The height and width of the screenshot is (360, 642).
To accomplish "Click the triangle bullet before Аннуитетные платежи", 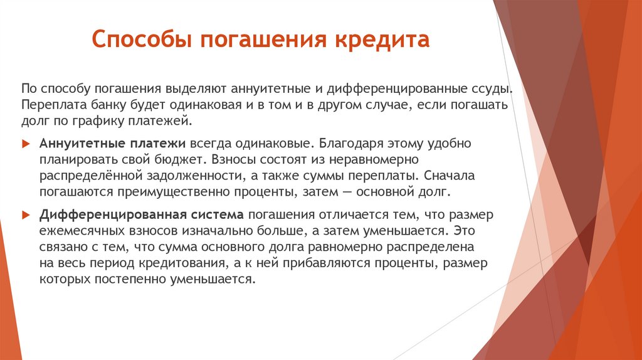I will click(26, 144).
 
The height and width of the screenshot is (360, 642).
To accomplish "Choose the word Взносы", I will click(233, 159).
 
